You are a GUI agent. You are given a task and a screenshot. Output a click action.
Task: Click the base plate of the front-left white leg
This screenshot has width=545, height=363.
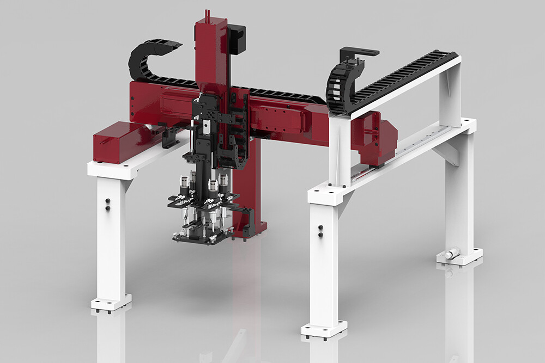pyautogui.click(x=111, y=303)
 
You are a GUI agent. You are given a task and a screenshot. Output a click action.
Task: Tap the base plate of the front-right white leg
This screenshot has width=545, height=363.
pyautogui.click(x=324, y=329)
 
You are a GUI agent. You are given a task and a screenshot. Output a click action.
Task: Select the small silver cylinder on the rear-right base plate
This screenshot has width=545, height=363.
pyautogui.click(x=452, y=254)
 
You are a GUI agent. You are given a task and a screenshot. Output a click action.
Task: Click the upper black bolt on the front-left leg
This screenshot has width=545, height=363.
pyautogui.click(x=107, y=200)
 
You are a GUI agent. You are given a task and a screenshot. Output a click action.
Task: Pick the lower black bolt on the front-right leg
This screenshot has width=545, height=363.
pyautogui.click(x=320, y=235)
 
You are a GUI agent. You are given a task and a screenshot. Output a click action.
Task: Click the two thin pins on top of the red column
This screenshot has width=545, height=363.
pyautogui.click(x=207, y=14)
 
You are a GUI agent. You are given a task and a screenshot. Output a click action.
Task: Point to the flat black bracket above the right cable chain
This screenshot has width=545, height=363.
pyautogui.click(x=359, y=53)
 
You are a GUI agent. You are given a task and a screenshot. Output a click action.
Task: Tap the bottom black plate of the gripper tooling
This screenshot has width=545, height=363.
pyautogui.click(x=198, y=238)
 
